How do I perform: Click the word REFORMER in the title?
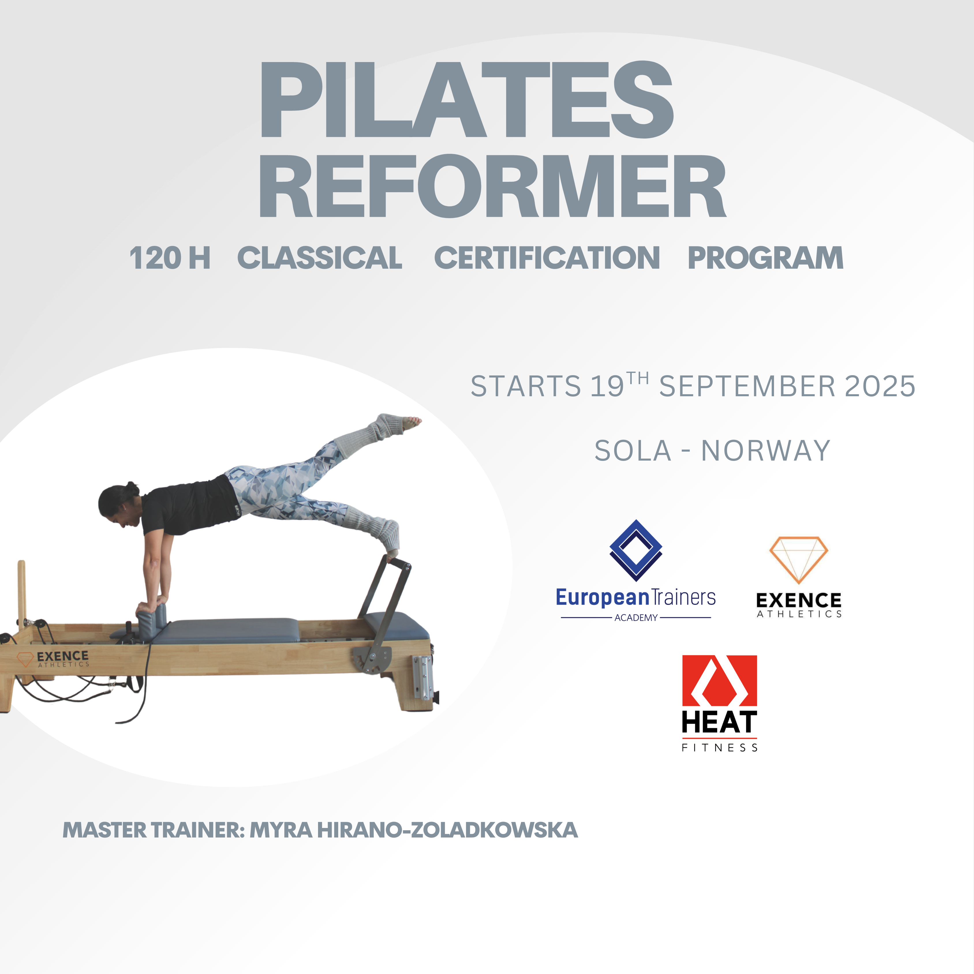click(493, 186)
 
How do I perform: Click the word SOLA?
click(633, 451)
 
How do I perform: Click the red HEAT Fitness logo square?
click(719, 681)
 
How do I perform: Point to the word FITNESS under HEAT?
click(719, 748)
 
